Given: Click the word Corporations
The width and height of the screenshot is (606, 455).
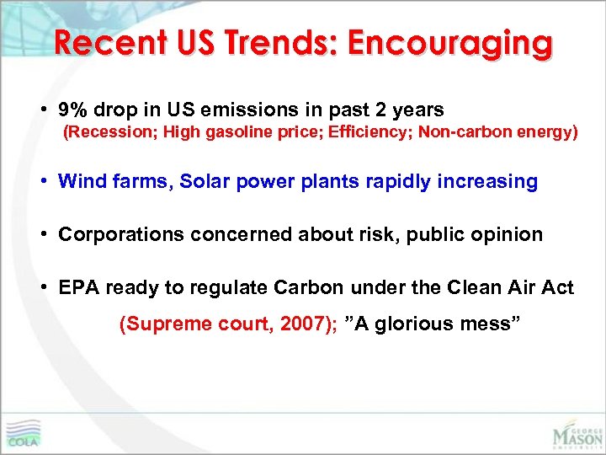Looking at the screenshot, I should (x=120, y=234).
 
